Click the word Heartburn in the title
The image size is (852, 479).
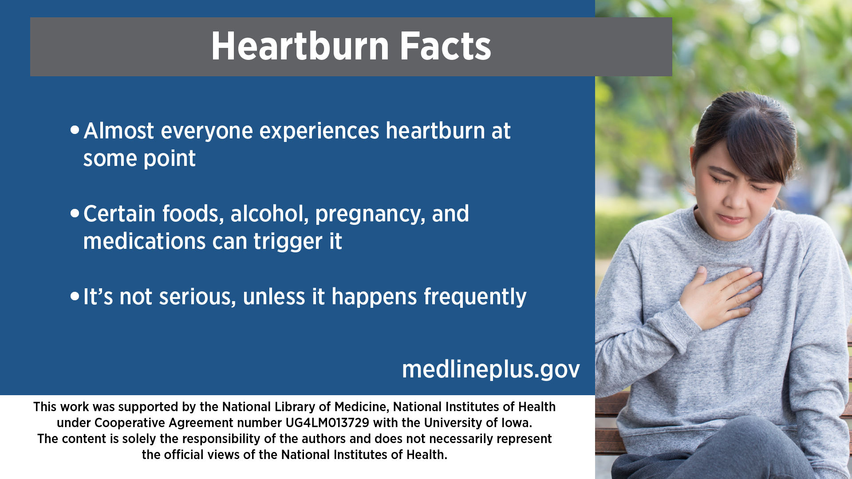[300, 46]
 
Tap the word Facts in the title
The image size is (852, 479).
[446, 46]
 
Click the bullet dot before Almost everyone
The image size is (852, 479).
[75, 130]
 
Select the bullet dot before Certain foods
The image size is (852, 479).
[75, 213]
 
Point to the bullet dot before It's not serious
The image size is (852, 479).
[75, 296]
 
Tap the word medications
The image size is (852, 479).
[144, 241]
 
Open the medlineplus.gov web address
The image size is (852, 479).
[491, 369]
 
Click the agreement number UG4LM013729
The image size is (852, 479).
[327, 423]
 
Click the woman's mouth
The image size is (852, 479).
[731, 218]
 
